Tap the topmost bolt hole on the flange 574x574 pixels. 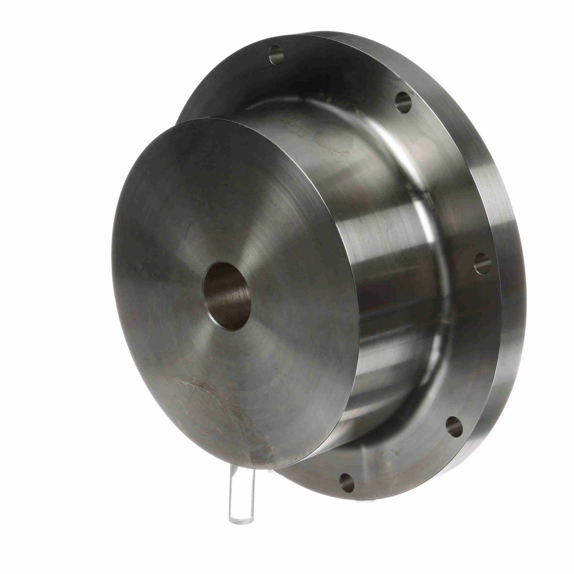[276, 55]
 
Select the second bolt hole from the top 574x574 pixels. [403, 101]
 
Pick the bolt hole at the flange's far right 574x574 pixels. [482, 263]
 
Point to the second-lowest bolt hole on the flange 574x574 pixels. [453, 427]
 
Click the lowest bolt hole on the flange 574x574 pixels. [347, 483]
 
